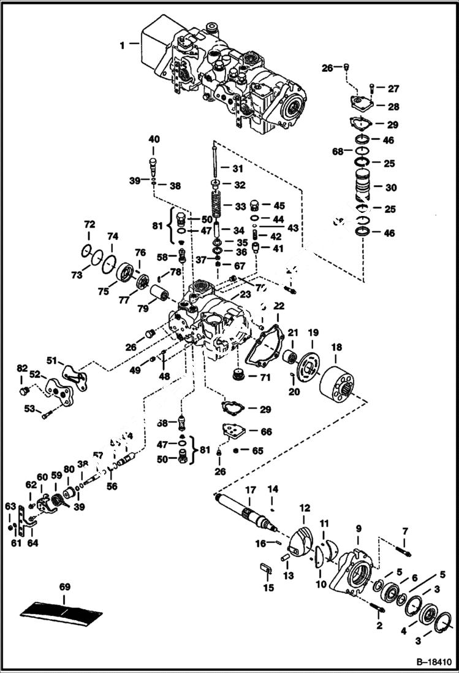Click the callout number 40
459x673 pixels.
153,139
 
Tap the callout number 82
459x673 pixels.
22,368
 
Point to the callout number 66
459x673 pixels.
266,432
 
